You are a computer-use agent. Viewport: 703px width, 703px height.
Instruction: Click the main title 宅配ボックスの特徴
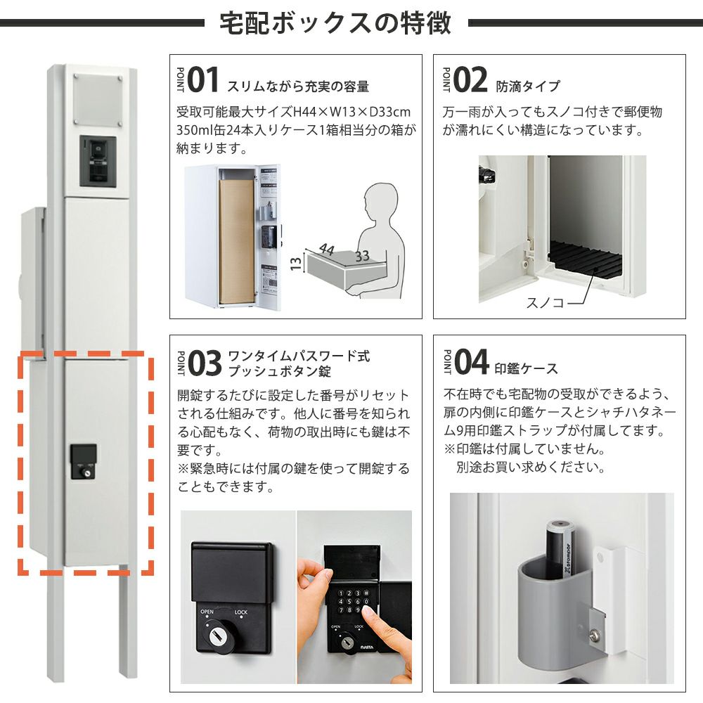[x=335, y=23]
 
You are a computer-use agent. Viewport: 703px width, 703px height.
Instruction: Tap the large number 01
[x=203, y=80]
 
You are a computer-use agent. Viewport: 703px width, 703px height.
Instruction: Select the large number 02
[x=470, y=80]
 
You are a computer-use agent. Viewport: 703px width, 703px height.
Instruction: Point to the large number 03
[x=205, y=363]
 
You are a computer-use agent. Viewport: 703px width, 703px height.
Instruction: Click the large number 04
[x=471, y=362]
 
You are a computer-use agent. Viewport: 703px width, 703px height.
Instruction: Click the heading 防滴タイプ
[x=528, y=86]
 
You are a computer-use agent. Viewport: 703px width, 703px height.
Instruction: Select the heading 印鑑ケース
[x=527, y=368]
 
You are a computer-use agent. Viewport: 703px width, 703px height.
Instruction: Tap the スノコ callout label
[x=545, y=303]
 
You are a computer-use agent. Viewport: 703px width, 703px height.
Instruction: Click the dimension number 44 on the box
[x=327, y=249]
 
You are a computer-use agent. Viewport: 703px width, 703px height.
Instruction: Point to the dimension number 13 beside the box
[x=295, y=264]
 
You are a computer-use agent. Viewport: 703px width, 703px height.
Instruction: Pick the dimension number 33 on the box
[x=362, y=256]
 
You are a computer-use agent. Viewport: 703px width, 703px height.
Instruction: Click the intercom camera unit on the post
[x=98, y=161]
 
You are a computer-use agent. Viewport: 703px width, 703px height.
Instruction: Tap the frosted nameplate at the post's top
[x=98, y=101]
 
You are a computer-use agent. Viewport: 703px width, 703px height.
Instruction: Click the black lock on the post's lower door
[x=84, y=462]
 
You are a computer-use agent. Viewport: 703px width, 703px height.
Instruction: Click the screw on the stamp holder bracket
[x=595, y=635]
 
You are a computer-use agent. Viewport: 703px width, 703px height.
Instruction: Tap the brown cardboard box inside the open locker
[x=236, y=241]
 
